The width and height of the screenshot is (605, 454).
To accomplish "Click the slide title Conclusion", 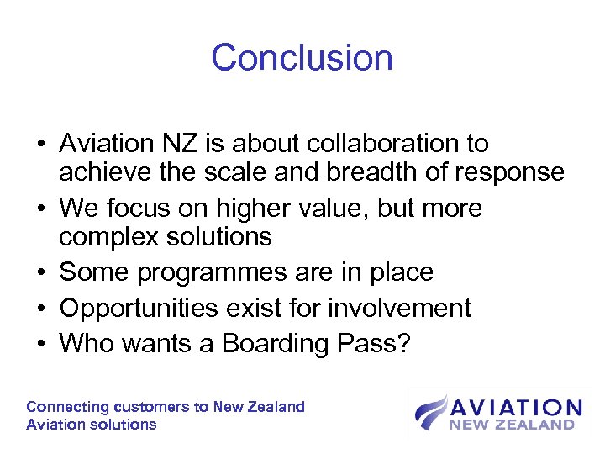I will pos(302,58).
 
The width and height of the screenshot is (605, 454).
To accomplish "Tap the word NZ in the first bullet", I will pos(187,144).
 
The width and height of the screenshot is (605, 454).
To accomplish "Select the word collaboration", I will pos(369,144).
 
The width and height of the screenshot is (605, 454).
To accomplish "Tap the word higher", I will pos(241,208).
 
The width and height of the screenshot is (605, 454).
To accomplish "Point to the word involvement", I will pos(399,309).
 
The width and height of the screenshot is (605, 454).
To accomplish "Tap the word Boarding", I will pos(273,344).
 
